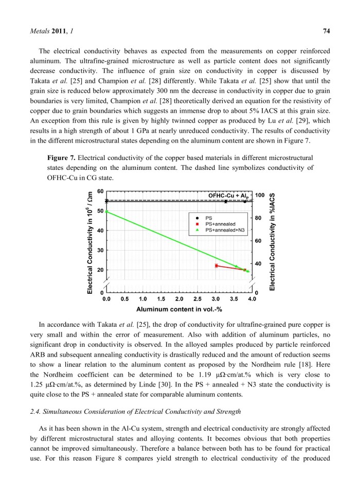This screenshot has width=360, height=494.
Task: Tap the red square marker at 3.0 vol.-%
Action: [x=216, y=266]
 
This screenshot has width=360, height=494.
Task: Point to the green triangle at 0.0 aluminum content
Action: [x=106, y=211]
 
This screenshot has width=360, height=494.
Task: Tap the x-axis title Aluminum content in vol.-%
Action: [x=179, y=309]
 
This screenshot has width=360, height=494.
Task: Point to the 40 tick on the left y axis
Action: [x=99, y=230]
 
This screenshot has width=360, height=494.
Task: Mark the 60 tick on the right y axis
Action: [x=258, y=241]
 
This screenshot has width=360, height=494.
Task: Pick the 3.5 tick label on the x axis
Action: [x=234, y=298]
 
